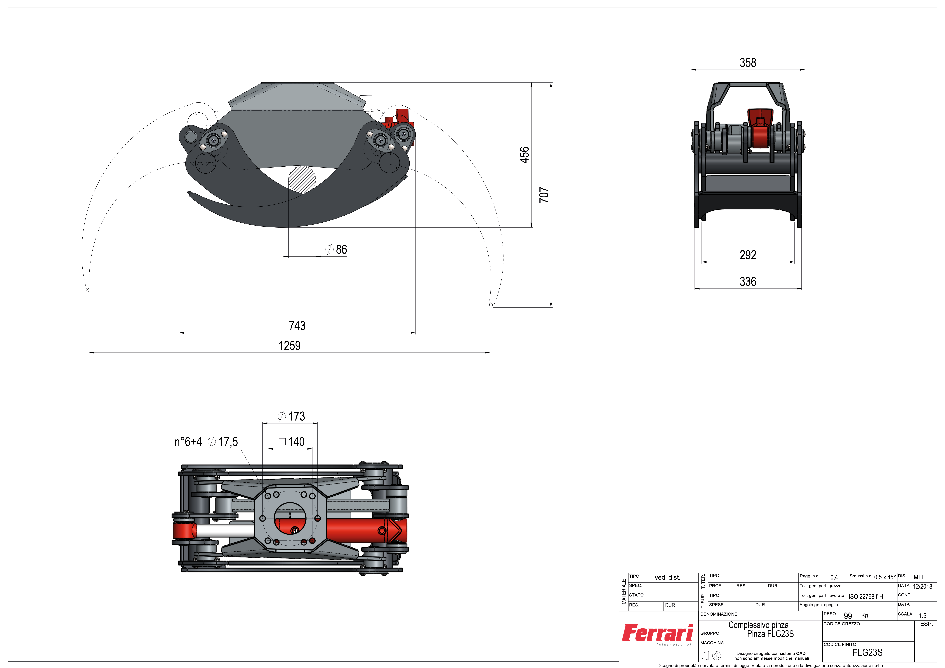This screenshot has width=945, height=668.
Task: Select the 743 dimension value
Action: (297, 326)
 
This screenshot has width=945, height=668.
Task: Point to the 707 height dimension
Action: (544, 195)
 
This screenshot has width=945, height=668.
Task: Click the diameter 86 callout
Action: (336, 249)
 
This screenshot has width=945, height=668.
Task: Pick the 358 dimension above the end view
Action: (748, 63)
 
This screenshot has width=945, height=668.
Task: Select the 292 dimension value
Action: (748, 255)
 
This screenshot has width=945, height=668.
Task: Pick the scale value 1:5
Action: (922, 616)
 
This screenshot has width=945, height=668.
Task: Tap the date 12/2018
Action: (922, 587)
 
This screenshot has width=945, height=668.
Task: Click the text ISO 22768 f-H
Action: (866, 596)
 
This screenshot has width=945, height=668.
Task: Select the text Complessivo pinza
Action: (759, 625)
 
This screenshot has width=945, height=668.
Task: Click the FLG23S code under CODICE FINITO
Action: (868, 652)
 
